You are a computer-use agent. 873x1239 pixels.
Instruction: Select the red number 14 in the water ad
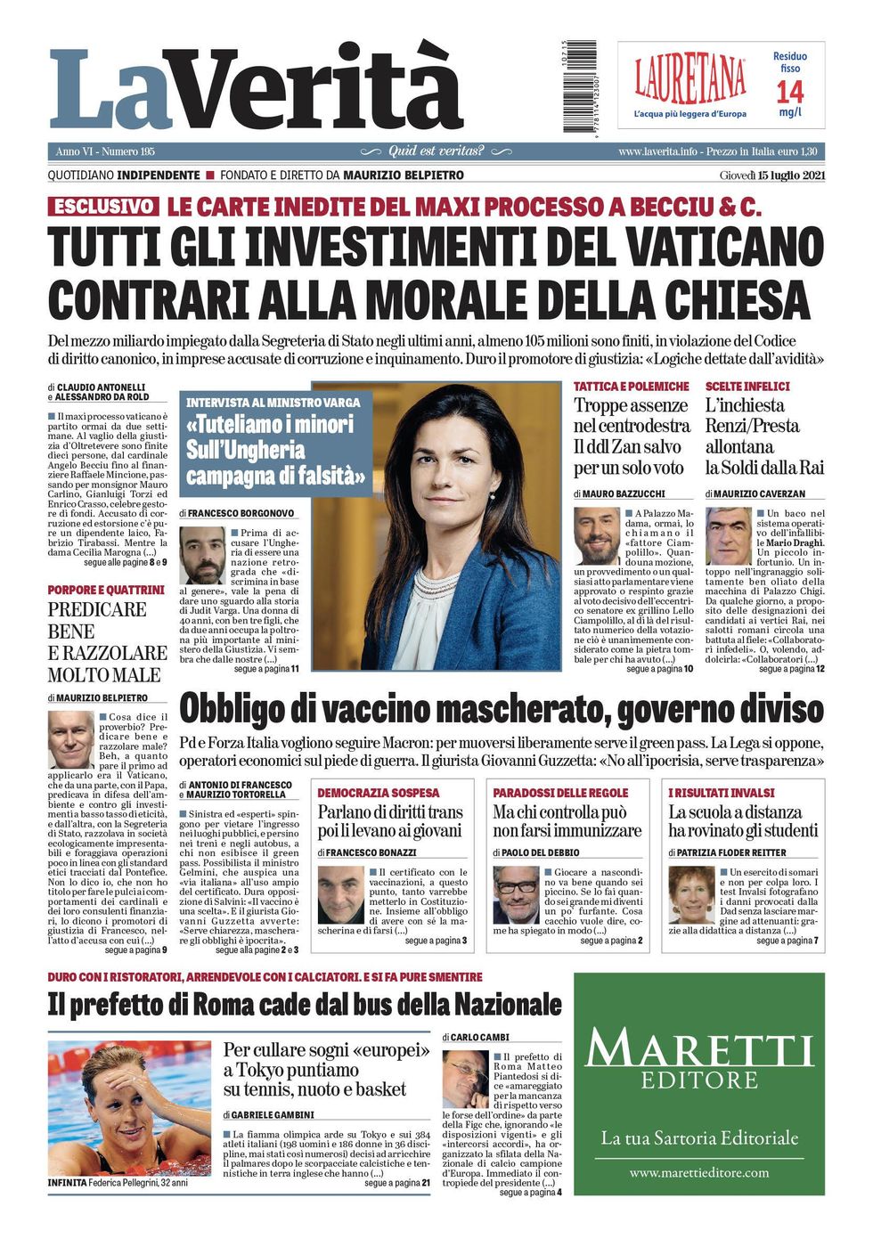tap(789, 91)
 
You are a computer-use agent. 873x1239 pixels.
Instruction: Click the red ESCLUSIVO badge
tap(103, 207)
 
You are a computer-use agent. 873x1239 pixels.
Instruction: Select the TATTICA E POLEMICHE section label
tap(631, 387)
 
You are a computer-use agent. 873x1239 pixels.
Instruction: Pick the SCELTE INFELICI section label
tap(747, 387)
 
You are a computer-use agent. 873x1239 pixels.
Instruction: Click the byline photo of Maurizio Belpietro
tap(70, 739)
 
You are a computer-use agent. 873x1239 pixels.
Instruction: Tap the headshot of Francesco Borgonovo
tap(202, 555)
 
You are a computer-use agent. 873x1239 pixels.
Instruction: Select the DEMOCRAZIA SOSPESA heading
tap(378, 792)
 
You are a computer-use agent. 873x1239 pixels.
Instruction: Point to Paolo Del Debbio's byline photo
tap(516, 894)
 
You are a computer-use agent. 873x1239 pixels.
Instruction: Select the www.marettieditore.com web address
tap(698, 1173)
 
